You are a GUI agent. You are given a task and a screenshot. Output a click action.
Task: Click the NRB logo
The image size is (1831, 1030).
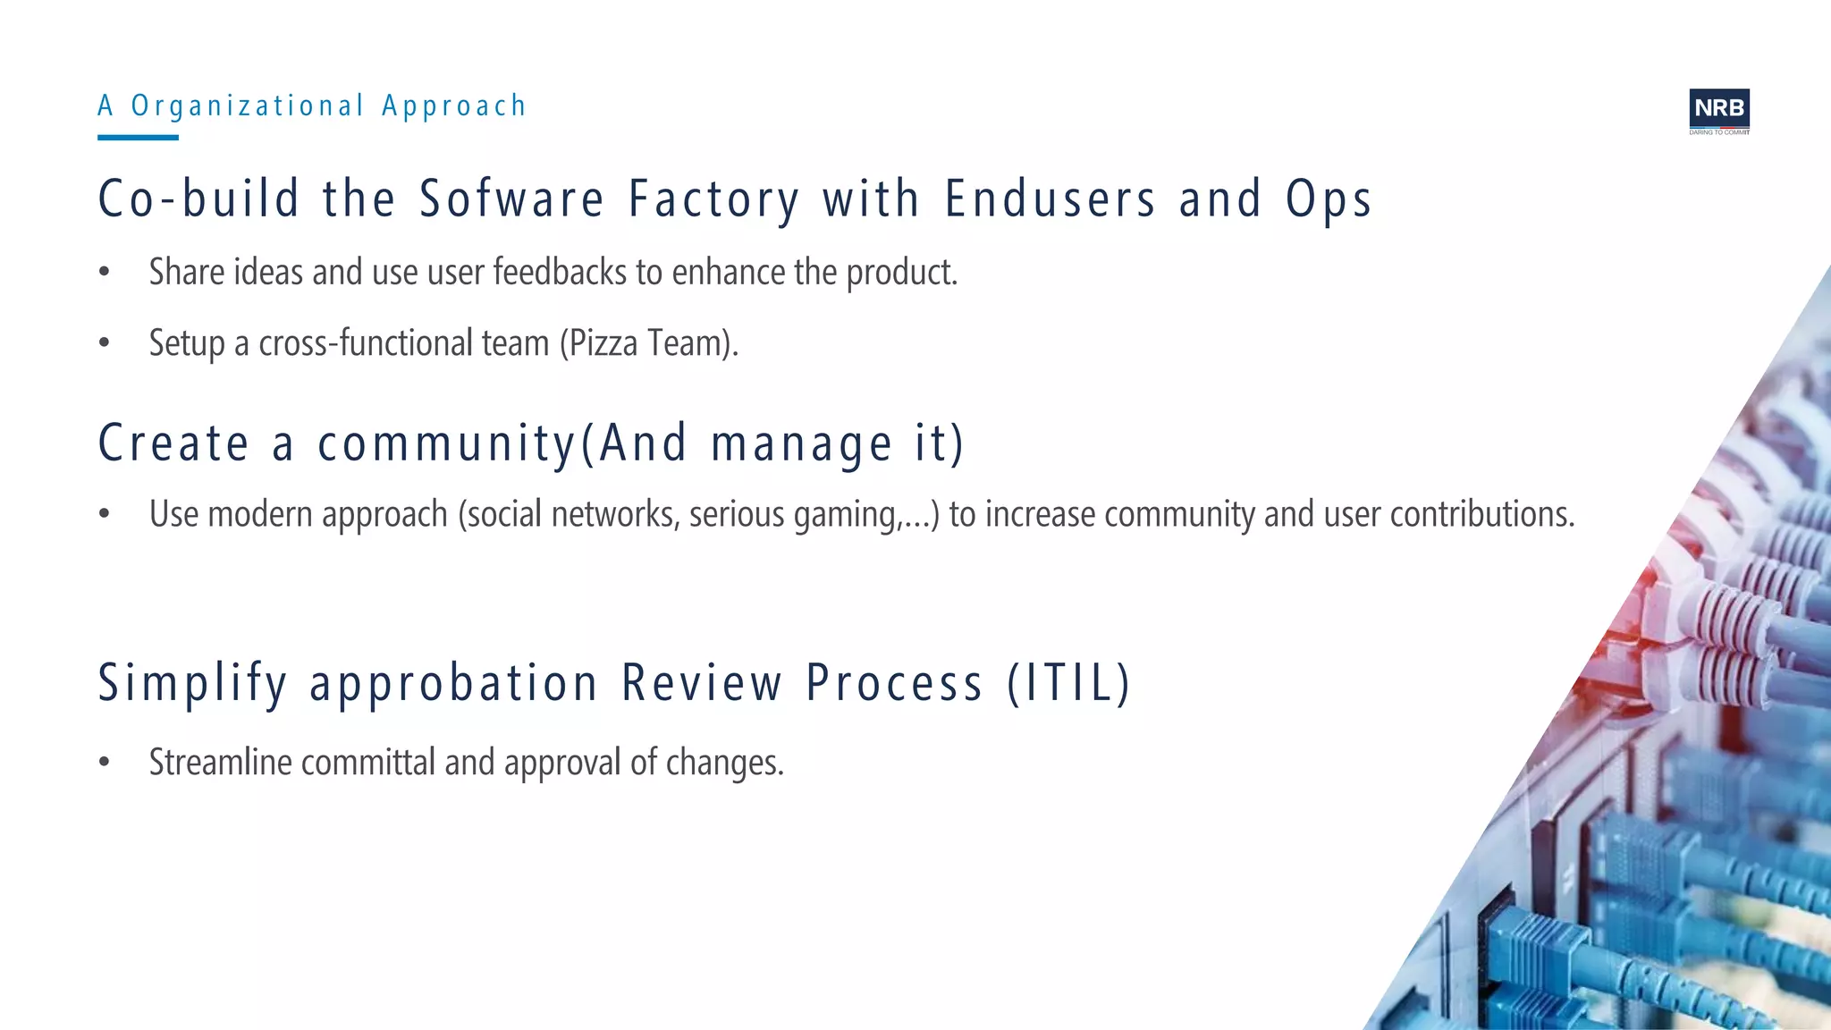pos(1718,110)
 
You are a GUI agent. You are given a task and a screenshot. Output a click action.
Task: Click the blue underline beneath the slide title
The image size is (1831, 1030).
pos(138,138)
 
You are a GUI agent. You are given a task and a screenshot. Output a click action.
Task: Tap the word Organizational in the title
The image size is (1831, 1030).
pos(248,106)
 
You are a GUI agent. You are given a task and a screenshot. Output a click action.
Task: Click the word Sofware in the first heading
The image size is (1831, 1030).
pos(511,198)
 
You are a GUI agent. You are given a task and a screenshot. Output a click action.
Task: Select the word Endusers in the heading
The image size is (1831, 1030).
pos(1050,198)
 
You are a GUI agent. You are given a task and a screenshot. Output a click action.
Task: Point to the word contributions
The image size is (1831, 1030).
pos(1481,514)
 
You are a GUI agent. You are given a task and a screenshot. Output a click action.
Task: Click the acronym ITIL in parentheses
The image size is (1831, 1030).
pos(1068,683)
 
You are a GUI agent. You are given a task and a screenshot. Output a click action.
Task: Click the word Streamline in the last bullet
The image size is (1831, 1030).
pos(220,763)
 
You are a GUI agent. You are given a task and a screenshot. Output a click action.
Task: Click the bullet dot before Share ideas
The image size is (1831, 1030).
pos(105,272)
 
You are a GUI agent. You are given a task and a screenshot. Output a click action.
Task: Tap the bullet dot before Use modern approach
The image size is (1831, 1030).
pos(105,514)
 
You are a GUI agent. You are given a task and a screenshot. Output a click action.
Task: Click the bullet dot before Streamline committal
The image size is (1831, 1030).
pos(105,763)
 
